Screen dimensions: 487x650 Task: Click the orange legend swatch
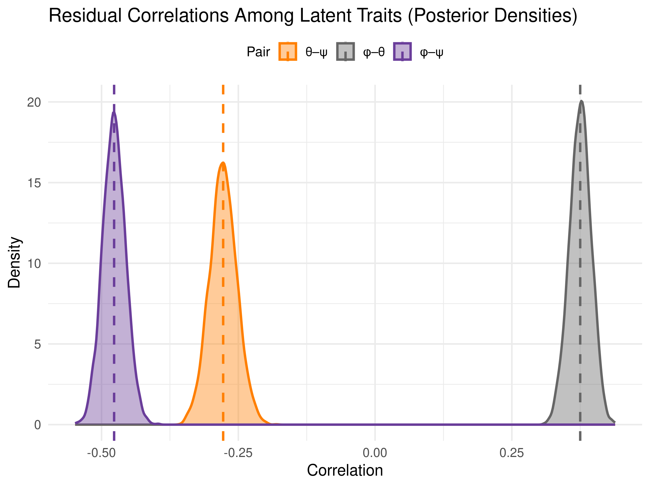pyautogui.click(x=288, y=51)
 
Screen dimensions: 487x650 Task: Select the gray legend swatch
pyautogui.click(x=345, y=51)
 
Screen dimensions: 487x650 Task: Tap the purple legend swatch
pyautogui.click(x=402, y=51)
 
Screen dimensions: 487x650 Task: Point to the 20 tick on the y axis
pyautogui.click(x=34, y=103)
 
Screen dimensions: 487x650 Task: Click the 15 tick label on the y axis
pyautogui.click(x=34, y=183)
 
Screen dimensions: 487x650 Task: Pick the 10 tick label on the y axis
pyautogui.click(x=34, y=264)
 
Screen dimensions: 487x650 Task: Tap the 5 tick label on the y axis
pyautogui.click(x=37, y=344)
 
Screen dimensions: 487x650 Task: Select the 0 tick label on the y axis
pyautogui.click(x=37, y=425)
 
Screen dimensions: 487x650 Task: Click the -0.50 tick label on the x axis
pyautogui.click(x=101, y=453)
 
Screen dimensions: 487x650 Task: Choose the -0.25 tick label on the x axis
pyautogui.click(x=238, y=453)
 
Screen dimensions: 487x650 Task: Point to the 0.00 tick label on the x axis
pyautogui.click(x=375, y=453)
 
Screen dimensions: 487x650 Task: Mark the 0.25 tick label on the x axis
pyautogui.click(x=512, y=453)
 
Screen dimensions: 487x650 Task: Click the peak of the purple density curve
pyautogui.click(x=114, y=111)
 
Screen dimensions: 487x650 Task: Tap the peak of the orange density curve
pyautogui.click(x=223, y=162)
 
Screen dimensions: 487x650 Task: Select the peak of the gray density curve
pyautogui.click(x=581, y=100)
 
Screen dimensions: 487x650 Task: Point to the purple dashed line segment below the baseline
pyautogui.click(x=114, y=436)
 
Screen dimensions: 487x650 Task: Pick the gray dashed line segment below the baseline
pyautogui.click(x=580, y=436)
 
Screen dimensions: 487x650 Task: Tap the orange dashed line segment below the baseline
pyautogui.click(x=223, y=436)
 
